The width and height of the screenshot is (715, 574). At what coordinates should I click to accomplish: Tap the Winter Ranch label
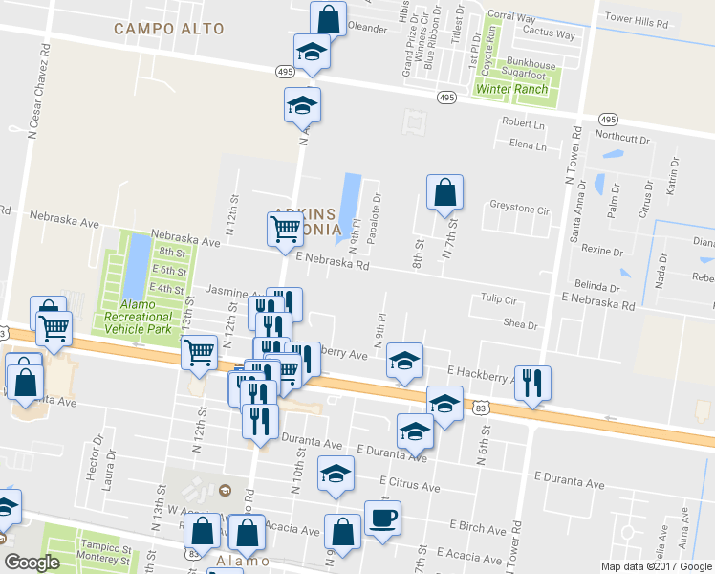coord(512,90)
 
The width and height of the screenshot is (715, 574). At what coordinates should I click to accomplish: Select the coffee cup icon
coord(383,519)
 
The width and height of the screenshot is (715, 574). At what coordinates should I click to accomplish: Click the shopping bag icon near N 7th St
coord(444,193)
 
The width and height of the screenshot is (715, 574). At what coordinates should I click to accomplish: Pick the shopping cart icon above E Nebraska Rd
coord(285,231)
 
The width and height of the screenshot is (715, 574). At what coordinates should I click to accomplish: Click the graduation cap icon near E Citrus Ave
coord(336,475)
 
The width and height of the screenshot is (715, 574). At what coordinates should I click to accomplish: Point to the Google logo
coord(32,563)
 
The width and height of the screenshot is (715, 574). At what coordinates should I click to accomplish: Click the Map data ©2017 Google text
coord(656,566)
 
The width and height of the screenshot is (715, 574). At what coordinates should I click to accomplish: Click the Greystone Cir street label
coord(521,208)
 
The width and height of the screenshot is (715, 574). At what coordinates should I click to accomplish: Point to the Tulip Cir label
coord(498,299)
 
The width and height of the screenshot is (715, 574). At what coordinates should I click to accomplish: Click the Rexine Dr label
coord(602,250)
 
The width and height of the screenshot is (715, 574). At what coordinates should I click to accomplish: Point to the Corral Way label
coord(511,16)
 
